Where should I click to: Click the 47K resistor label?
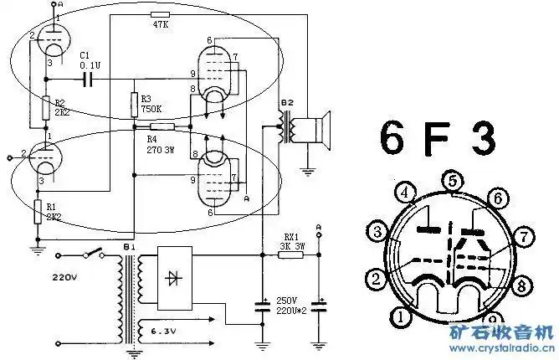click(x=161, y=25)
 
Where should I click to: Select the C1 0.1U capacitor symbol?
click(x=88, y=80)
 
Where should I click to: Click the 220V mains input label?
click(x=67, y=274)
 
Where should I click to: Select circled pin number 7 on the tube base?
click(x=524, y=237)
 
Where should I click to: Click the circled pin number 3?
click(x=378, y=231)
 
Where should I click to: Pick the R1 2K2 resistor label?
click(x=54, y=210)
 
